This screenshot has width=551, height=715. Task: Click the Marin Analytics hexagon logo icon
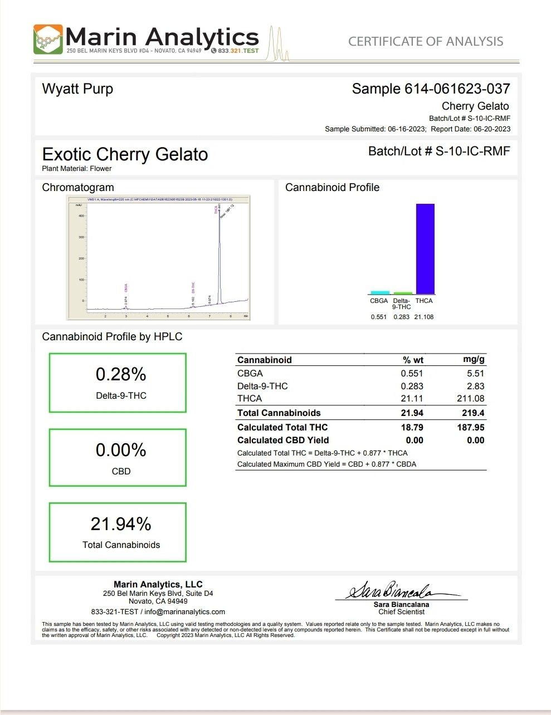(x=48, y=39)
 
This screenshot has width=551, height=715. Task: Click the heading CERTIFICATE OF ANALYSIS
(x=426, y=41)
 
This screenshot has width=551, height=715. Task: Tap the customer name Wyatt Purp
(x=77, y=89)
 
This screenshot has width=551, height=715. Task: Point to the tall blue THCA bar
(x=425, y=248)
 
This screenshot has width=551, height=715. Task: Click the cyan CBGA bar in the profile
(x=380, y=292)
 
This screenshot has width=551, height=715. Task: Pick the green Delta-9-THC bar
(x=403, y=293)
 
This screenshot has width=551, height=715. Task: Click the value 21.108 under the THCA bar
(x=424, y=317)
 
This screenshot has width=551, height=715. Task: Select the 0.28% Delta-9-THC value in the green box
(x=121, y=374)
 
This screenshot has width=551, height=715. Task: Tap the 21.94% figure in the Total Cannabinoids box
(x=121, y=524)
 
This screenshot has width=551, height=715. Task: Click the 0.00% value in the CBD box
(x=121, y=450)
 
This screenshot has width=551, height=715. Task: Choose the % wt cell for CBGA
(x=412, y=374)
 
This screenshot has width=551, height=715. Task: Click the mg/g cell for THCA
(x=471, y=399)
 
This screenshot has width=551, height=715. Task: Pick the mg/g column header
(x=474, y=360)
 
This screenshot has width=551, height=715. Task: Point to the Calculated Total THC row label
(x=282, y=427)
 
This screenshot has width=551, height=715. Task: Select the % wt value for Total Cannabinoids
(x=412, y=413)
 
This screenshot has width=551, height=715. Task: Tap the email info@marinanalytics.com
(x=185, y=611)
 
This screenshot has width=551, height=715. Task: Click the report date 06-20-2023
(x=492, y=129)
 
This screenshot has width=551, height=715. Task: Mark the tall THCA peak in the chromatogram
(x=219, y=251)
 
